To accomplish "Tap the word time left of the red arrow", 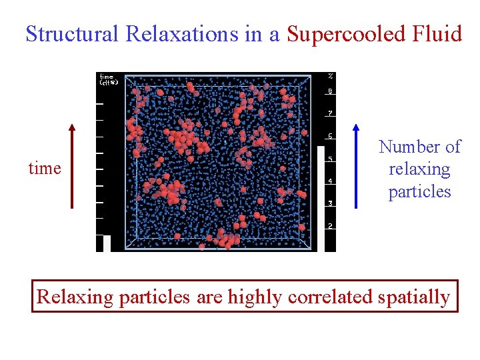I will pos(45,169).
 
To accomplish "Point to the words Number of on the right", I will pos(419,147).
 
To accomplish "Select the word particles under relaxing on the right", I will pos(419,192).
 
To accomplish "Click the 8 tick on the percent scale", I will pos(330,91).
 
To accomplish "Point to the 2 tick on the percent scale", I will pos(330,226).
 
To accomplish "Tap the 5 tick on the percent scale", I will pos(330,159).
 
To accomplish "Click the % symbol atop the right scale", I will pos(330,75).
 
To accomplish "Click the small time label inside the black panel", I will pos(107,79).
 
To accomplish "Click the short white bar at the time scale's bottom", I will pos(107,243).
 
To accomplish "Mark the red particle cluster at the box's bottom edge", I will pos(227,239).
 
